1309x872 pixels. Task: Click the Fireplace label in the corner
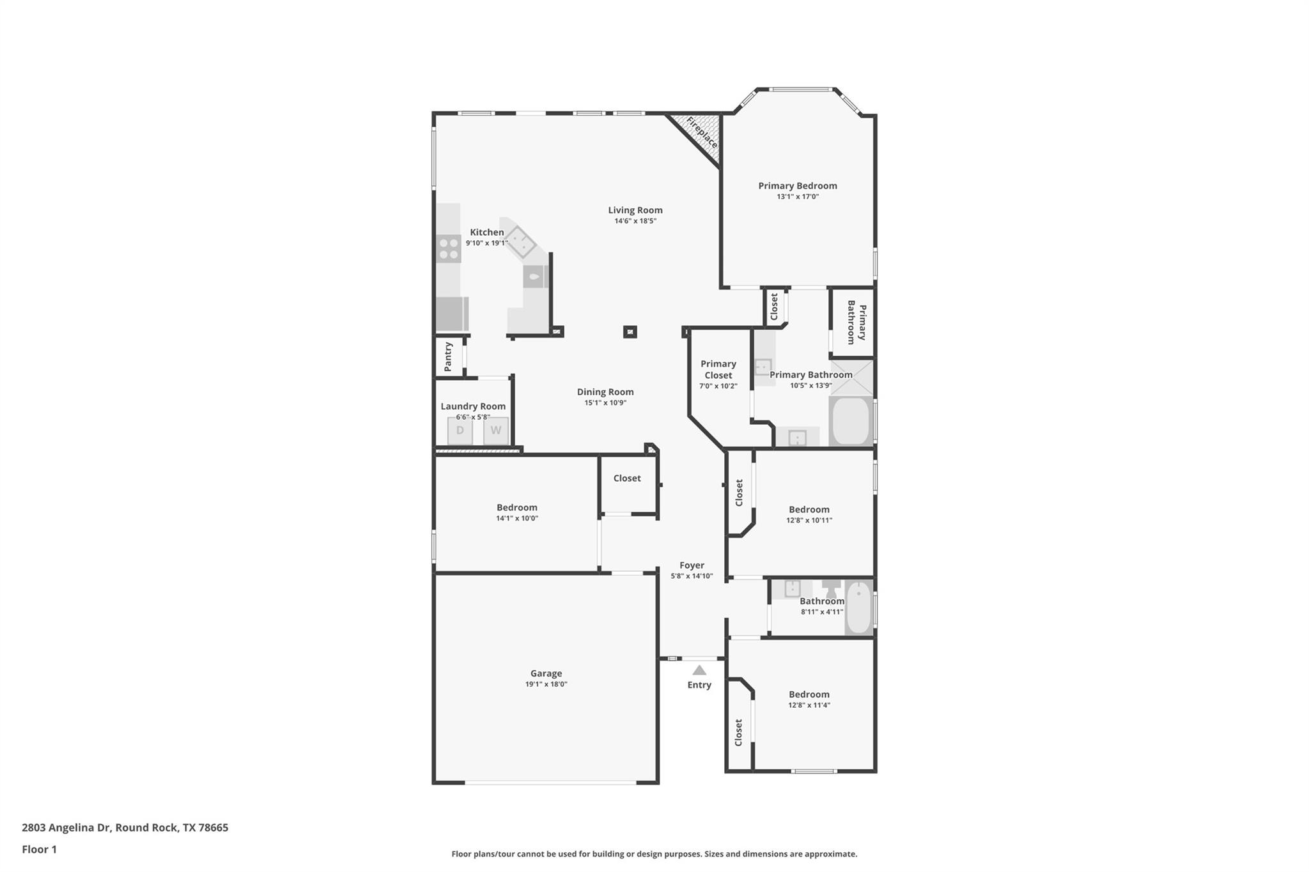coord(702,132)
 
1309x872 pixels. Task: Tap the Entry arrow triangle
coord(699,670)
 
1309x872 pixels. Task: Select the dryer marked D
coord(460,431)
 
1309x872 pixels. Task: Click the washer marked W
coord(495,431)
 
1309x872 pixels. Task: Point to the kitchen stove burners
coord(449,249)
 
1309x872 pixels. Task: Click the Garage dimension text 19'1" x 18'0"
coord(546,684)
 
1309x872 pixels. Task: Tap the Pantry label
coord(448,356)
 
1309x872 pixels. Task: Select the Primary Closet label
coord(718,369)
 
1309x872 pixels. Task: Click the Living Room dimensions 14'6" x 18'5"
coord(635,221)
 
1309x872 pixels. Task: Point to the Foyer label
coord(692,565)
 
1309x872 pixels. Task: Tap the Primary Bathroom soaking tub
coord(851,421)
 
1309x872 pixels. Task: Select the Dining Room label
coord(605,392)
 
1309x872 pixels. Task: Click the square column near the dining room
coord(630,332)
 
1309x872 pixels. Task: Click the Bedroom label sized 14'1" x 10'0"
coord(516,508)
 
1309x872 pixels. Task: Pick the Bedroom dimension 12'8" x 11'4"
coord(809,705)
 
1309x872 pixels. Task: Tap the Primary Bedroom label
coord(797,186)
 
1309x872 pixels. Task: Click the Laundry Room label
coord(473,406)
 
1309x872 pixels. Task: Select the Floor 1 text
coord(39,849)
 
